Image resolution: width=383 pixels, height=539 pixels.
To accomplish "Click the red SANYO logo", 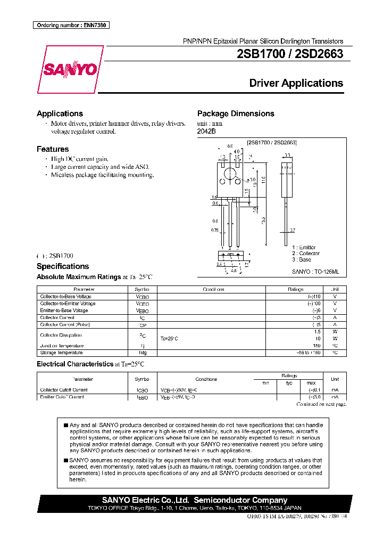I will click(69, 70).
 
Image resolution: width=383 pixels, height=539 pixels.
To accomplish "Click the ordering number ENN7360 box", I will click(71, 25).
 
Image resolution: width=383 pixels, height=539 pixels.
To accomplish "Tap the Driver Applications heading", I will click(296, 83).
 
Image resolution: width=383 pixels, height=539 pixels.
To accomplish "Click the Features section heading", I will click(53, 149).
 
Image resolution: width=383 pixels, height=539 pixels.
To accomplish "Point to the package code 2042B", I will click(206, 130).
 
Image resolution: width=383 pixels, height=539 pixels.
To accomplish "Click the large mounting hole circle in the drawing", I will click(230, 173).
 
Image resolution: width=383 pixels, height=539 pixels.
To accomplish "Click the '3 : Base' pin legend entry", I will click(302, 259).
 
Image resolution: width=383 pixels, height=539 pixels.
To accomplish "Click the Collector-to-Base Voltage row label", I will click(65, 296).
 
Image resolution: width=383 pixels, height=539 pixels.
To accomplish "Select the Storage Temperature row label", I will click(61, 353).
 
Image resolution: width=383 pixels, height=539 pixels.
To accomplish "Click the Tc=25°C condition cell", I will click(170, 338).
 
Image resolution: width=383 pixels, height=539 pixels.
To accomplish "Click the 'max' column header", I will click(311, 382).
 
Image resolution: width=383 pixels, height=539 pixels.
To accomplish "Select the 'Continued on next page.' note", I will click(321, 405).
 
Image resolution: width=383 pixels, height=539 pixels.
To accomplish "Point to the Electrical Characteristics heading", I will click(75, 364).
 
